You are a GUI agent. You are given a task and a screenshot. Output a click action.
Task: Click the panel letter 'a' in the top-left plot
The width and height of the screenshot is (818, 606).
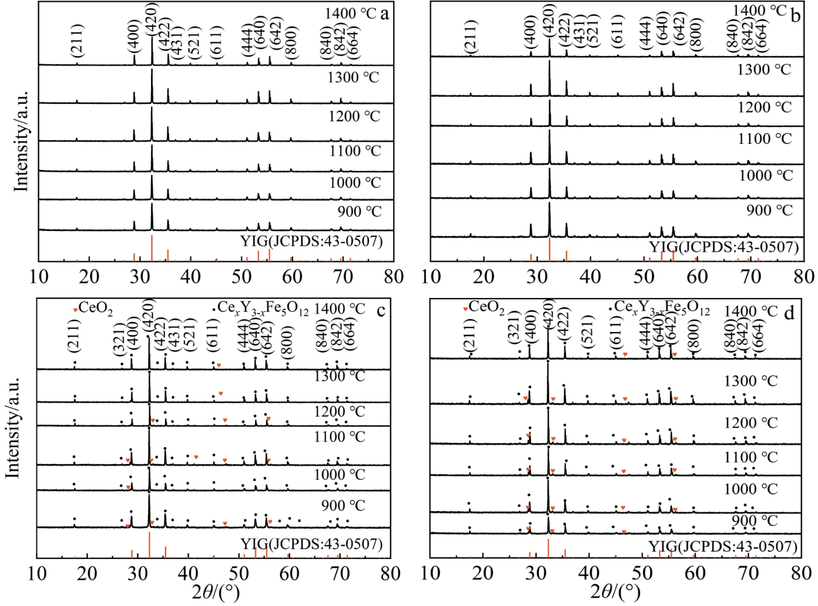384,13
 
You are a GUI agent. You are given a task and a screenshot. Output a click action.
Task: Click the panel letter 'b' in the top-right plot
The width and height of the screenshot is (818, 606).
795,15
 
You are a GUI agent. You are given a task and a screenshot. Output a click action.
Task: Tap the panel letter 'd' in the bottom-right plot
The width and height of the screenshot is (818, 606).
789,313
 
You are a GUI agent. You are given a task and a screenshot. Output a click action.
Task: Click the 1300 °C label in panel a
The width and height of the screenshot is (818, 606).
353,77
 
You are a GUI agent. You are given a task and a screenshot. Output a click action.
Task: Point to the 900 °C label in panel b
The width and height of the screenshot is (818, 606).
769,211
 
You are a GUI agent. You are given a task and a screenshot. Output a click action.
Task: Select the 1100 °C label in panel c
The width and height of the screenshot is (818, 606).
339,437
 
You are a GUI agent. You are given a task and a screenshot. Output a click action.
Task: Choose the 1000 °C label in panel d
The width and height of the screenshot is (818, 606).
750,489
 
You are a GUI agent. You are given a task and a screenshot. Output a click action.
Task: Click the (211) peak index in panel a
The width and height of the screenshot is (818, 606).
77,40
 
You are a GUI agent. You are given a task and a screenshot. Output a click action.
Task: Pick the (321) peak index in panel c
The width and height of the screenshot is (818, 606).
120,339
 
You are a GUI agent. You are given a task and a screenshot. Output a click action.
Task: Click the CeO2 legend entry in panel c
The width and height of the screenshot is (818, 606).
93,307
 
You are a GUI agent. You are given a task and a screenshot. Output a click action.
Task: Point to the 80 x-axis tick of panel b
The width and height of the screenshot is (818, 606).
803,276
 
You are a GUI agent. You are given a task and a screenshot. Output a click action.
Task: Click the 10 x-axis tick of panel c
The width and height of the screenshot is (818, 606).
37,574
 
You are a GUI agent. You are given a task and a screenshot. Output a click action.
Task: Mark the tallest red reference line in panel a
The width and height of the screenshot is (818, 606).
152,247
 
